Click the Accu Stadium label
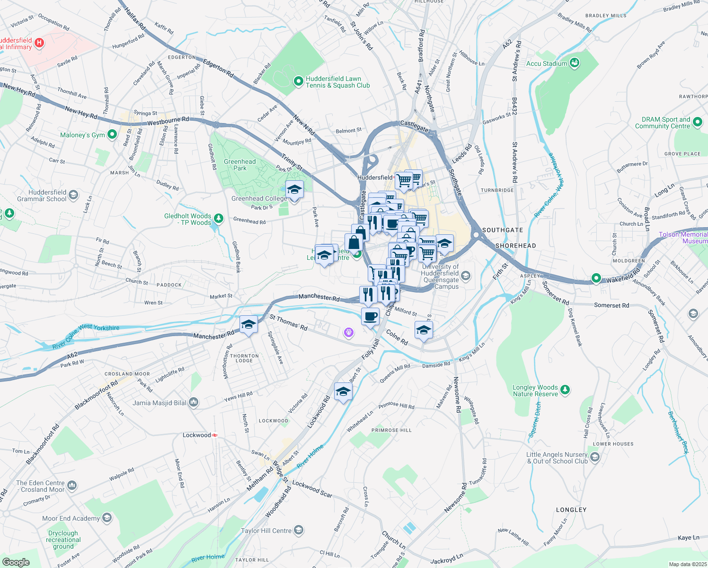coord(547,63)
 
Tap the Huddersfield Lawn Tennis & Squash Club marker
coord(298,82)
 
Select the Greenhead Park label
coord(240,165)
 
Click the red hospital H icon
coord(40,43)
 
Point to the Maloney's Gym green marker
coord(112,135)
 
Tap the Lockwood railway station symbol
coord(214,435)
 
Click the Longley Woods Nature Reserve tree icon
coord(565,390)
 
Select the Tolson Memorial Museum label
coord(683,238)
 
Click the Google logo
coord(16,562)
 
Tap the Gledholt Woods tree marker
coord(218,219)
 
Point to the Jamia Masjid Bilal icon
coord(193,403)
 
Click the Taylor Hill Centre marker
coord(298,530)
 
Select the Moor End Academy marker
coord(107,518)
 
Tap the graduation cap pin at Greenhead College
coord(294,190)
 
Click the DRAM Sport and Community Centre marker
coord(697,123)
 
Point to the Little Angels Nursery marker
coord(595,457)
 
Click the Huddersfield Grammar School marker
coord(73,195)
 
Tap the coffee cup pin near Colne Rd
coord(370,316)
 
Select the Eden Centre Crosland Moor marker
coord(72,485)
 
